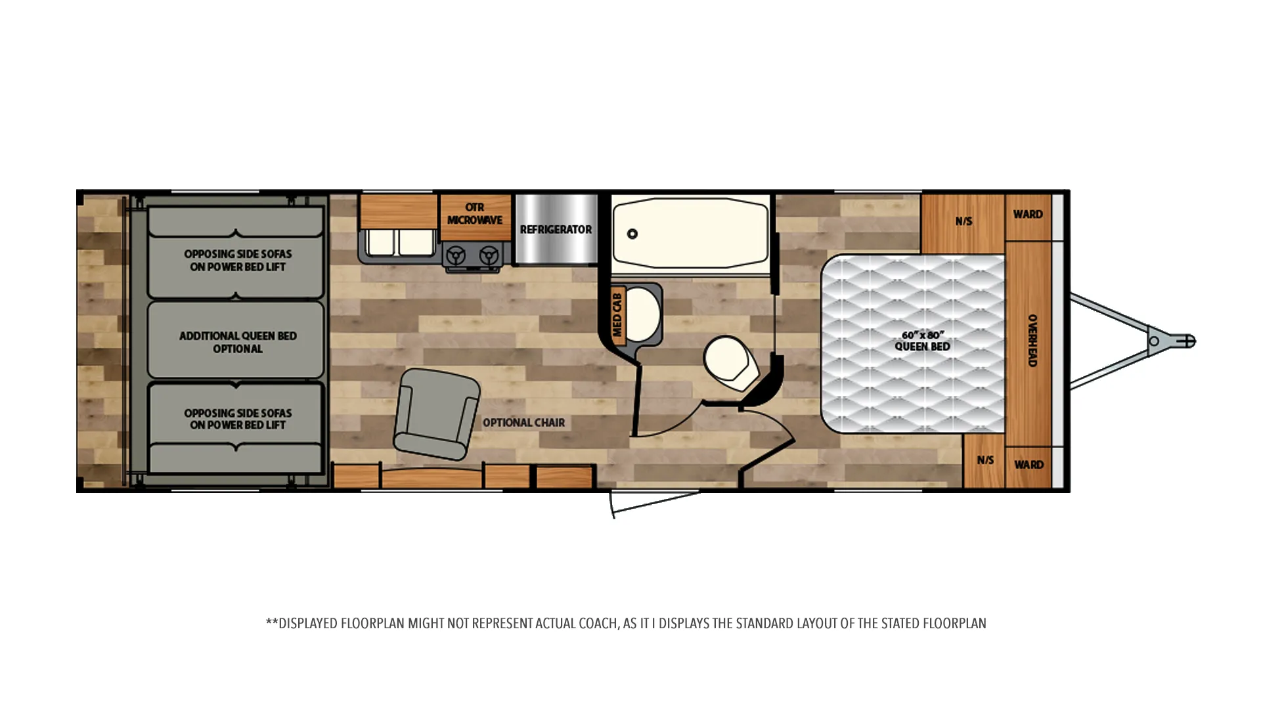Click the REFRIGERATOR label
pos(556,229)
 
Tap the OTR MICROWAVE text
pos(475,213)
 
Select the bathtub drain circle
pos(632,234)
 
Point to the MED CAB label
pos(617,315)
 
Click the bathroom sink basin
pos(640,316)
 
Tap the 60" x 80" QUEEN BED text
pos(922,341)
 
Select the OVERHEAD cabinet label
pos(1032,340)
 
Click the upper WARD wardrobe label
pos(1028,214)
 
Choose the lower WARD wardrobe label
pos(1029,465)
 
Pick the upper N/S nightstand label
pos(963,221)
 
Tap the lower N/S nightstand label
pos(985,460)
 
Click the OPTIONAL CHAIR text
pos(523,423)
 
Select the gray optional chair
pos(436,414)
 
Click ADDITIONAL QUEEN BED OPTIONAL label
pos(238,342)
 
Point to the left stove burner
pos(456,255)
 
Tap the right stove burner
pos(489,255)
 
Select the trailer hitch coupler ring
pos(1154,341)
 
